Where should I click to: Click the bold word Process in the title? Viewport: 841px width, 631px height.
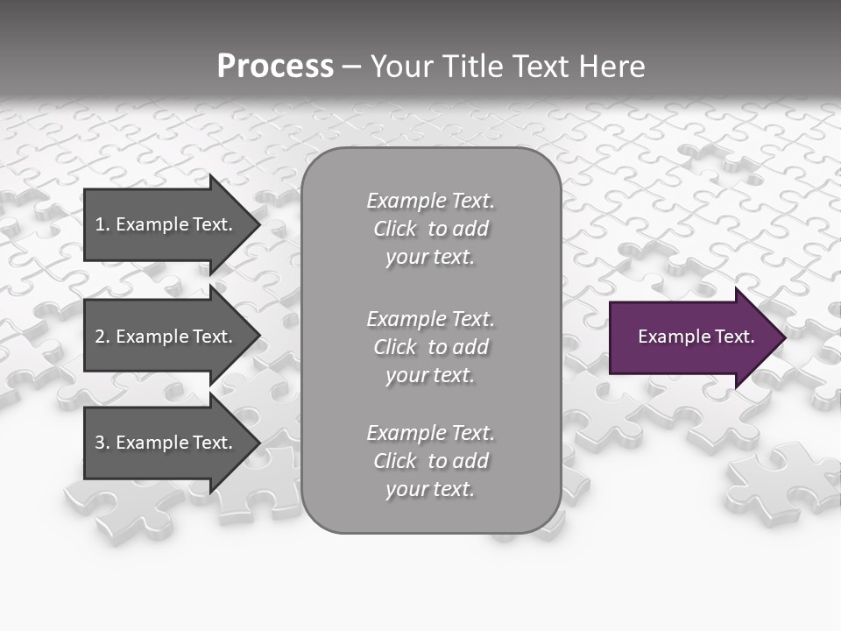(275, 67)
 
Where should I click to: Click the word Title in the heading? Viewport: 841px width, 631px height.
(470, 67)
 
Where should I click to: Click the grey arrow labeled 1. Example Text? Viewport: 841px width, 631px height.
(166, 224)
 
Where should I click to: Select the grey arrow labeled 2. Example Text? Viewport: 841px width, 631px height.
(166, 337)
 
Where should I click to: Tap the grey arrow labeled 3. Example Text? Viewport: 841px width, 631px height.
(166, 443)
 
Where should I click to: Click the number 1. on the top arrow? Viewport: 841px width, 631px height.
(102, 224)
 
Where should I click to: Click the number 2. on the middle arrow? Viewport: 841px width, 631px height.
(102, 337)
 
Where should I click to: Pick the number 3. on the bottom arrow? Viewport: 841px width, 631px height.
(102, 443)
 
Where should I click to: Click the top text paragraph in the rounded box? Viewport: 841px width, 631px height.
(430, 229)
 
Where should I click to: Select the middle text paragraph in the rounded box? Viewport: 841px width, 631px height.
(430, 347)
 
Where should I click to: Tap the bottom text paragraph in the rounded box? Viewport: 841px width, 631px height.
(430, 461)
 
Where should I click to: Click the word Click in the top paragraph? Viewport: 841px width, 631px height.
(395, 229)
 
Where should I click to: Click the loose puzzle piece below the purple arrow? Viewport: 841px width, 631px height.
(775, 482)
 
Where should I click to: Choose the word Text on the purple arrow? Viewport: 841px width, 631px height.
(734, 337)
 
